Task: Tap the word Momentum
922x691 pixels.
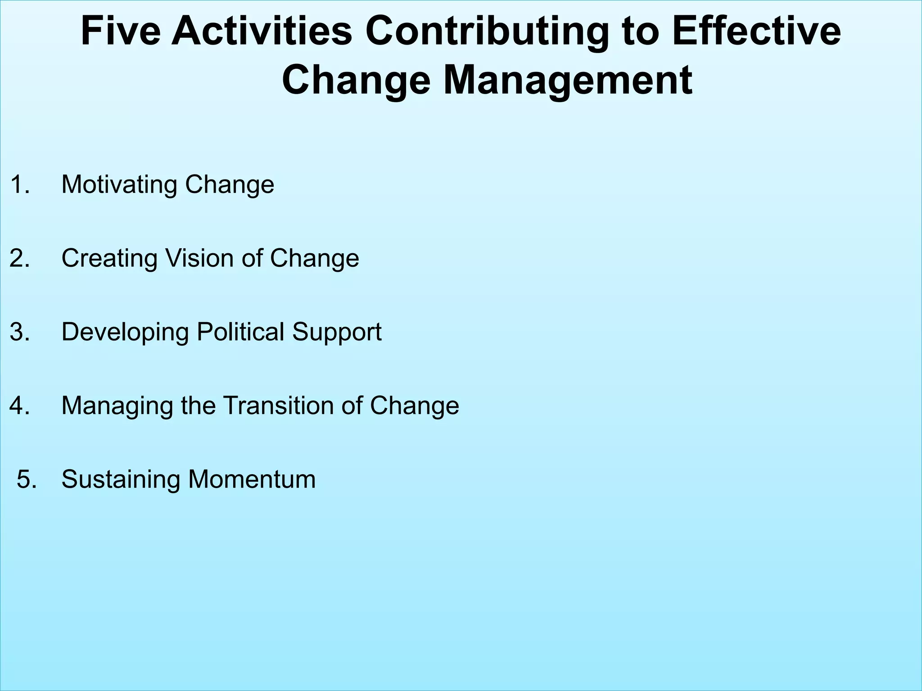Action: (252, 479)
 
